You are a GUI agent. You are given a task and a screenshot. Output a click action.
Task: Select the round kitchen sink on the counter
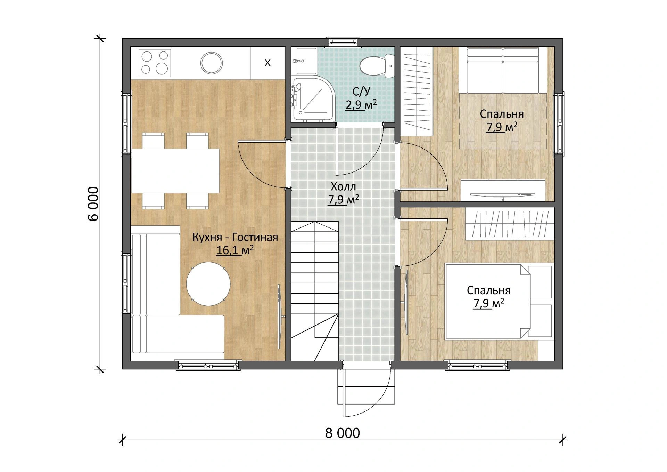tap(211, 63)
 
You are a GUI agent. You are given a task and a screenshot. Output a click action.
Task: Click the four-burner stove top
tap(155, 63)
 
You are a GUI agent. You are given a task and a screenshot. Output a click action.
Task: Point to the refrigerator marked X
tap(267, 63)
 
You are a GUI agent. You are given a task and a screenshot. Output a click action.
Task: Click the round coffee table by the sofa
tap(208, 283)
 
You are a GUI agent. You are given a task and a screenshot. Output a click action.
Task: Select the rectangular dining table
tap(175, 171)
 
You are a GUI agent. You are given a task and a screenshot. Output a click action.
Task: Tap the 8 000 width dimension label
tap(342, 433)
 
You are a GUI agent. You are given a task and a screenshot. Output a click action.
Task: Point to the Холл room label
tap(343, 187)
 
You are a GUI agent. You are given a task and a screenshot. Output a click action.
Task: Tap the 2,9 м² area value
tap(361, 104)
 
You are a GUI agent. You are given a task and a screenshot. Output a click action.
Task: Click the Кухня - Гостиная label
tap(235, 237)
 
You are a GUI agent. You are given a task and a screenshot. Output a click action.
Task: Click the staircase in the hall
tap(315, 291)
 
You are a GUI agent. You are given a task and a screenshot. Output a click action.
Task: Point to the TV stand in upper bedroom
tap(503, 190)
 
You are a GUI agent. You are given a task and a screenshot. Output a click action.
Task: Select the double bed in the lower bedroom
tap(499, 301)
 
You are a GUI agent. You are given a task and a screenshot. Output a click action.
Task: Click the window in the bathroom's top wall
tap(343, 41)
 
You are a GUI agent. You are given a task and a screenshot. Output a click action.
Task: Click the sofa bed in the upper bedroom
tap(503, 71)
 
